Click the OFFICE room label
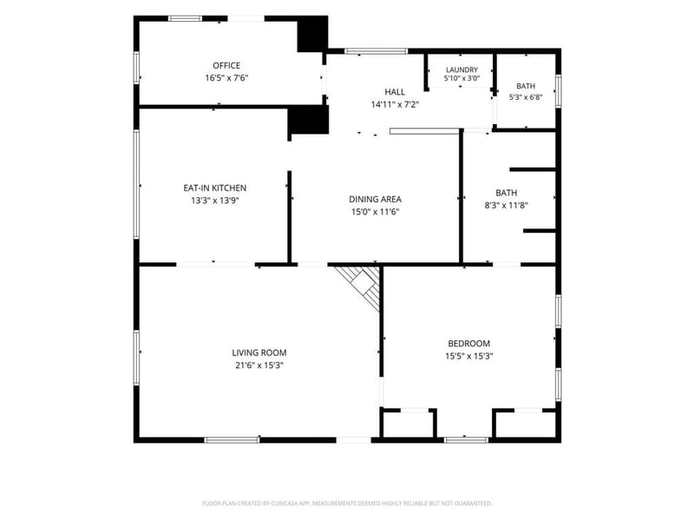[226, 66]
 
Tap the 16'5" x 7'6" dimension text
[226, 78]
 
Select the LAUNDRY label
[462, 70]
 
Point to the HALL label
[395, 92]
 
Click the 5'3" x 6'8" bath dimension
[526, 97]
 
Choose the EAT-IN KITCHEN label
[215, 188]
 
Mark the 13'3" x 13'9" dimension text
[215, 201]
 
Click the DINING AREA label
[376, 200]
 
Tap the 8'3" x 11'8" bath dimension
[507, 205]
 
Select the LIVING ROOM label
[259, 353]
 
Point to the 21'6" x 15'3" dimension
[259, 366]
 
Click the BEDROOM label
[469, 343]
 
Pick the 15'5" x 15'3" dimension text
[469, 356]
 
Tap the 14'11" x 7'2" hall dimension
[395, 104]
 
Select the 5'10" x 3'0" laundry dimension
[462, 78]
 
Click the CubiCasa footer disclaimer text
[347, 504]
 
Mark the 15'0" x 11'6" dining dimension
[376, 212]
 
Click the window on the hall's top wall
[376, 51]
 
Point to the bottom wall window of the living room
[232, 440]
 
